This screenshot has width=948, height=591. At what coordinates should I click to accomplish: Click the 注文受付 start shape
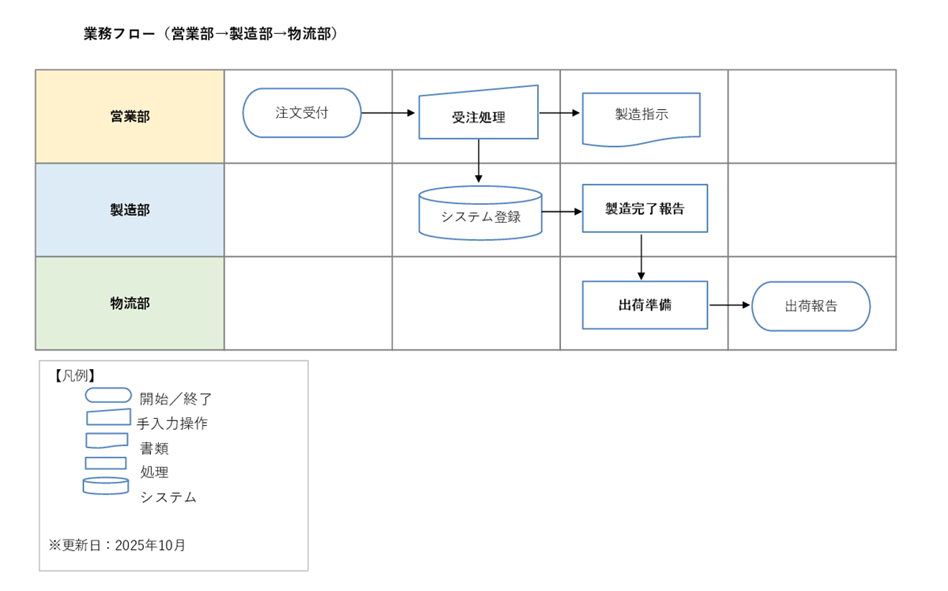click(302, 113)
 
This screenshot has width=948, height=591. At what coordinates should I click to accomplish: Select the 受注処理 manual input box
click(479, 117)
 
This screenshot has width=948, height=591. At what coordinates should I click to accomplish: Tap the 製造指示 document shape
click(641, 115)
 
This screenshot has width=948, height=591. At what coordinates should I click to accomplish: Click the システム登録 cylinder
click(480, 215)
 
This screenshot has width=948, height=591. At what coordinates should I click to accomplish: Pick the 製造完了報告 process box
click(645, 209)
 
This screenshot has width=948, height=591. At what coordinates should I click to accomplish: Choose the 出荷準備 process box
click(645, 305)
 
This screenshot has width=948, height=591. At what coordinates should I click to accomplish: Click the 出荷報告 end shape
click(811, 307)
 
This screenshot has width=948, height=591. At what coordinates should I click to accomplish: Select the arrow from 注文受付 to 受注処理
click(389, 113)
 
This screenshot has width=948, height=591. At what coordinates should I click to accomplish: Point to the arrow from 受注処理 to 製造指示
click(559, 113)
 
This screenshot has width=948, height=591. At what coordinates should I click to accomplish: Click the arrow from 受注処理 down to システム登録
click(479, 161)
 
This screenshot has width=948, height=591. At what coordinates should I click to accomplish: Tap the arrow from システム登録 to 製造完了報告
click(562, 212)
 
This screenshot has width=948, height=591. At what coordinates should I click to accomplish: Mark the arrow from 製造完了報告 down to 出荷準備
click(641, 256)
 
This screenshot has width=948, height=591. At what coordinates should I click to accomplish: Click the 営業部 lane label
click(130, 117)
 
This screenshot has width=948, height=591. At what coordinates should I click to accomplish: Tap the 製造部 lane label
click(130, 210)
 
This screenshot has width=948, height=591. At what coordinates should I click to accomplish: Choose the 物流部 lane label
click(130, 303)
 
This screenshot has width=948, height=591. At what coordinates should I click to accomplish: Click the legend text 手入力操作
click(172, 423)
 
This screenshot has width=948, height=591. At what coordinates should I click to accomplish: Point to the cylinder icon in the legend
click(106, 486)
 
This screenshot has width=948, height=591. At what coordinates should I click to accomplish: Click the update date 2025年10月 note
click(118, 545)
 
